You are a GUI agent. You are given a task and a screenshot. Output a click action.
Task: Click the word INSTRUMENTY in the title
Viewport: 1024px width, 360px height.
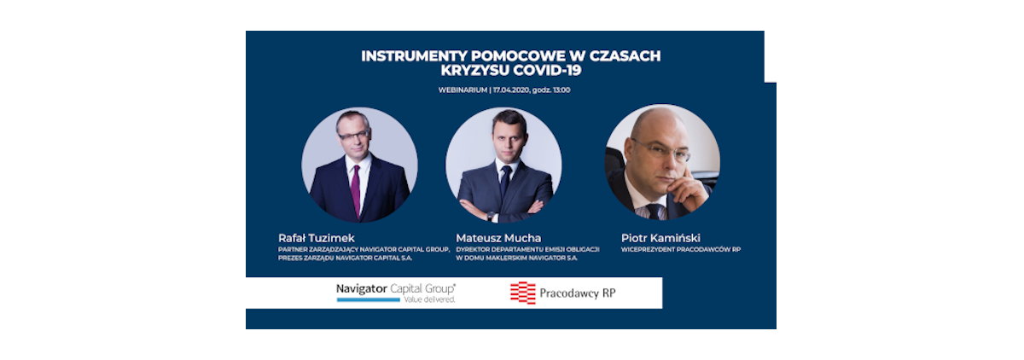tap(414, 55)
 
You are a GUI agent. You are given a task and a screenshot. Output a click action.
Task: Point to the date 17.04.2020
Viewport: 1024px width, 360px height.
tap(510, 90)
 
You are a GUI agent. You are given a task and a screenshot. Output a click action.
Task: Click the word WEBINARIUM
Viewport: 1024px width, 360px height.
tap(463, 90)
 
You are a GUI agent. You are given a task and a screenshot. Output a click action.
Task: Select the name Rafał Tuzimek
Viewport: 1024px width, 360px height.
tap(317, 238)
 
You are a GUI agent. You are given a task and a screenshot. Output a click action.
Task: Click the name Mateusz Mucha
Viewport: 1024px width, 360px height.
tap(498, 238)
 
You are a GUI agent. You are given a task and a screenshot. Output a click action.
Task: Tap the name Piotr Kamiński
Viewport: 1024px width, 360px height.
tap(660, 238)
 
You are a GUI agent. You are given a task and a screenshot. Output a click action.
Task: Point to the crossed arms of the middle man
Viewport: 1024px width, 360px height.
tap(502, 209)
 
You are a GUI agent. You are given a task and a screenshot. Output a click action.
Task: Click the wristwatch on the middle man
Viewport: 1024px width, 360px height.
tap(490, 216)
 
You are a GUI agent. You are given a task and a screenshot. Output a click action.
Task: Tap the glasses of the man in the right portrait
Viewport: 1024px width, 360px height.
tap(665, 150)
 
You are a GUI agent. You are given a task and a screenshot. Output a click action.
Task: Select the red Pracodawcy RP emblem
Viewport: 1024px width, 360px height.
tap(522, 293)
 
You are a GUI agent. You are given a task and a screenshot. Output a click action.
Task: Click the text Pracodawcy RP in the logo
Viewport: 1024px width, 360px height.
tap(578, 293)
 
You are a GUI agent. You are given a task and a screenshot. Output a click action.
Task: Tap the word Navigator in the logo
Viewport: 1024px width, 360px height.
tap(362, 288)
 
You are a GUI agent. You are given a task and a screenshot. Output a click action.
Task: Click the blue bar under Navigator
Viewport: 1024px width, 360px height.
tap(369, 299)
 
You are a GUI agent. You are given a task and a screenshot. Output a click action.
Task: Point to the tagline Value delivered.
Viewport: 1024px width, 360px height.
tap(429, 299)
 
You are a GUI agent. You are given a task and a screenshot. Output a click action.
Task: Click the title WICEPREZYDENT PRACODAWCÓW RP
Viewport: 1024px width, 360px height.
tap(681, 249)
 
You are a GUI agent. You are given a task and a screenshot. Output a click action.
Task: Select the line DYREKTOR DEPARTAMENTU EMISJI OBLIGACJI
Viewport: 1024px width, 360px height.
tap(527, 249)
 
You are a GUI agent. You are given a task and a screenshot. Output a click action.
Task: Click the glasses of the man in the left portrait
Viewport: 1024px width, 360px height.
tap(353, 135)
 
